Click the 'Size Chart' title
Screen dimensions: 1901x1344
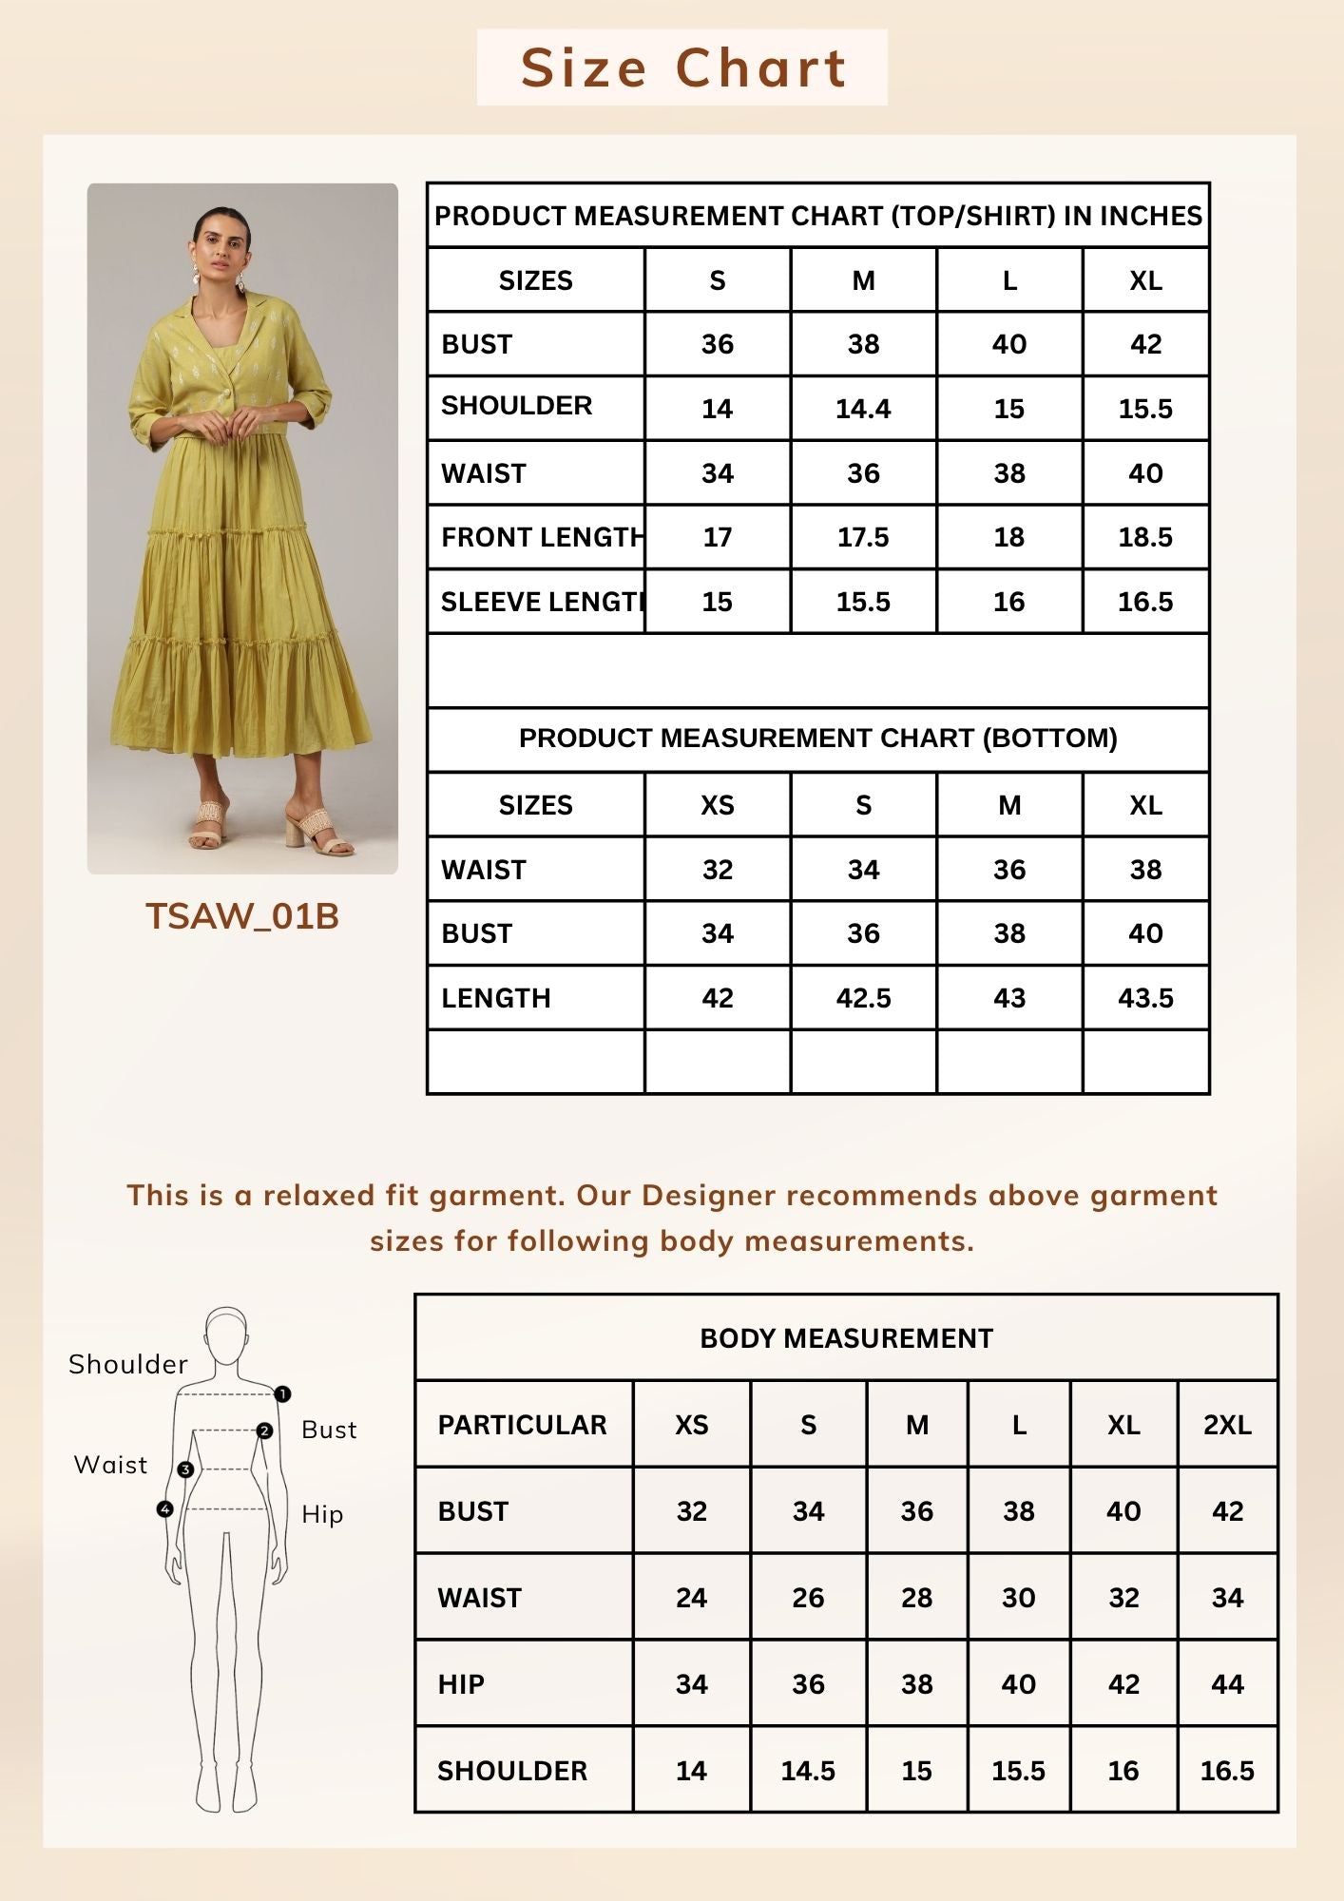click(682, 68)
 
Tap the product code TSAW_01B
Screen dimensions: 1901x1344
click(242, 916)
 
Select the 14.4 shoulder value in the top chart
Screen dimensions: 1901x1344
click(863, 409)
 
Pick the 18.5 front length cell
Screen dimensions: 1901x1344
click(1145, 537)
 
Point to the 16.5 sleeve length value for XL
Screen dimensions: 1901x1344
click(1145, 602)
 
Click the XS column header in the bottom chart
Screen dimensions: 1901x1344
click(718, 805)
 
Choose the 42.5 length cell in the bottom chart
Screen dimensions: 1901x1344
click(863, 998)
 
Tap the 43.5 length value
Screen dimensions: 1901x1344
click(1145, 998)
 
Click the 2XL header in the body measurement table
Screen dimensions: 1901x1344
click(1227, 1425)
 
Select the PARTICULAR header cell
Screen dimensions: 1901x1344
click(522, 1425)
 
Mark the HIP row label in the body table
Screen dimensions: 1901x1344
click(461, 1684)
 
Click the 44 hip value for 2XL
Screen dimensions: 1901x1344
click(1227, 1684)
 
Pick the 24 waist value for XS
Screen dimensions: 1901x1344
click(691, 1598)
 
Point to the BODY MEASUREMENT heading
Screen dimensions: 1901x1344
click(846, 1338)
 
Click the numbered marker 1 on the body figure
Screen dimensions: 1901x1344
click(282, 1394)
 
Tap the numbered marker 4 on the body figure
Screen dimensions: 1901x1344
click(165, 1509)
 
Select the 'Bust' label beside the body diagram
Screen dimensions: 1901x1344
click(329, 1430)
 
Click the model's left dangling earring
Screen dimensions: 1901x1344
click(240, 282)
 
